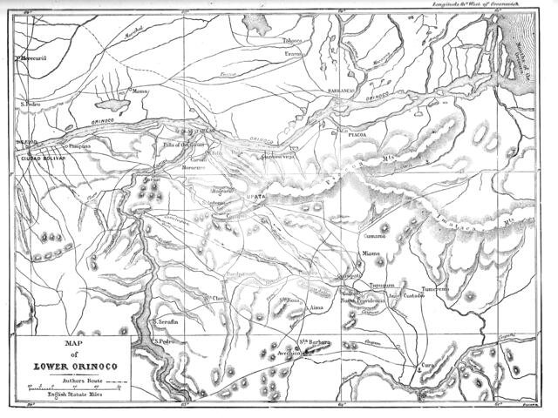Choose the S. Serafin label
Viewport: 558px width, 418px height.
pos(167,321)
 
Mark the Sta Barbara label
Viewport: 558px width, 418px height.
pos(315,342)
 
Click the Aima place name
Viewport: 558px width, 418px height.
pos(317,308)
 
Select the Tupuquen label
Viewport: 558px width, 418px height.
pos(385,285)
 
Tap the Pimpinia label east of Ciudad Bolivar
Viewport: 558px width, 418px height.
pos(80,149)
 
